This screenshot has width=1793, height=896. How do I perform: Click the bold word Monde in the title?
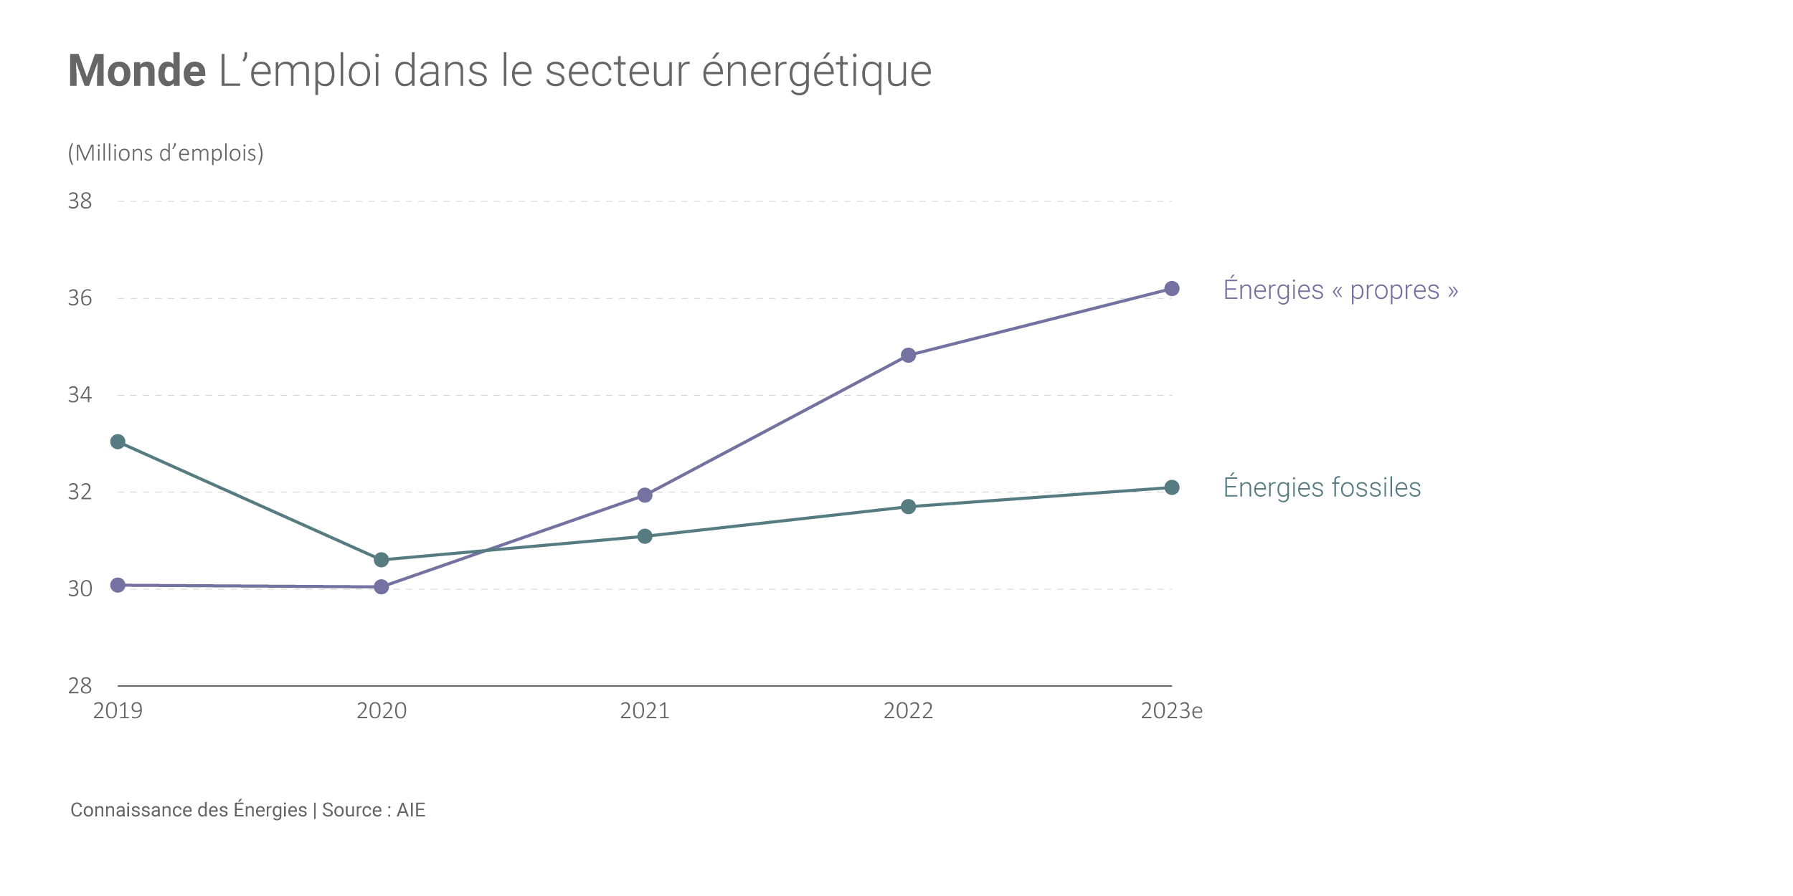[137, 71]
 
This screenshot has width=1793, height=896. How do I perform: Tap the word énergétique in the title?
[816, 71]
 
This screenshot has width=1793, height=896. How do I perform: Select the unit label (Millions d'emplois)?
[166, 153]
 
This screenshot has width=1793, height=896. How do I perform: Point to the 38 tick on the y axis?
[80, 201]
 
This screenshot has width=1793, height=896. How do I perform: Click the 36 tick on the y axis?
[80, 298]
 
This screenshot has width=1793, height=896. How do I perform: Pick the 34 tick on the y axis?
[80, 395]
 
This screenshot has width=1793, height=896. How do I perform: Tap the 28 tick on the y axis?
[80, 686]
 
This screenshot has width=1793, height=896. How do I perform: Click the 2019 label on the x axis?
[118, 711]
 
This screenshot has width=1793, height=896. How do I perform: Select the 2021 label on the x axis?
[645, 711]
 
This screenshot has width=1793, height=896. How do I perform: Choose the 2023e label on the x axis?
[1171, 711]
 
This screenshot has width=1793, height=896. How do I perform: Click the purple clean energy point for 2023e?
[1172, 289]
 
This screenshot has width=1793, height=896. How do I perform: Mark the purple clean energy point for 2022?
[909, 356]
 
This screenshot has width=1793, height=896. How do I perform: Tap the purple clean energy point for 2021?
[645, 495]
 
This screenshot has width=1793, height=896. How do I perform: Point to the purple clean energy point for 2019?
[118, 586]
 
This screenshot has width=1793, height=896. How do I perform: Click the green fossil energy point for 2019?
[118, 442]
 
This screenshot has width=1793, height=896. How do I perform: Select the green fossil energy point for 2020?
[382, 560]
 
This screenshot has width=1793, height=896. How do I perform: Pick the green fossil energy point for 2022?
[909, 507]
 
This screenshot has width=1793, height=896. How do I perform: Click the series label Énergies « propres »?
[1340, 290]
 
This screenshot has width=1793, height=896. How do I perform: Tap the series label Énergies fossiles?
[1322, 487]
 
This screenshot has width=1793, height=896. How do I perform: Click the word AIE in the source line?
[411, 810]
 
